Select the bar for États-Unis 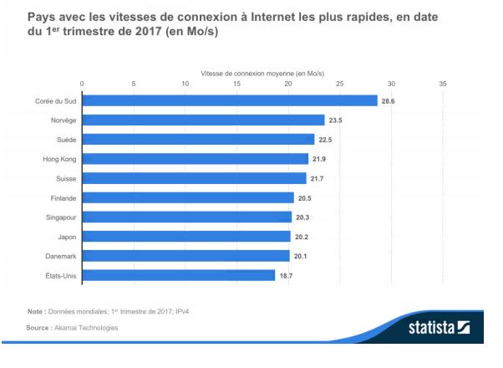click(178, 274)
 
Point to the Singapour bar click(186, 217)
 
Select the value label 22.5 click(327, 139)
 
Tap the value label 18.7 click(287, 274)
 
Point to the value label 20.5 click(306, 197)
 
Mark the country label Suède click(65, 139)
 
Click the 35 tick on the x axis click(443, 84)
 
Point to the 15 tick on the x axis click(236, 84)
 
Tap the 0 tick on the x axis click(82, 84)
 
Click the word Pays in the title click(42, 16)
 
